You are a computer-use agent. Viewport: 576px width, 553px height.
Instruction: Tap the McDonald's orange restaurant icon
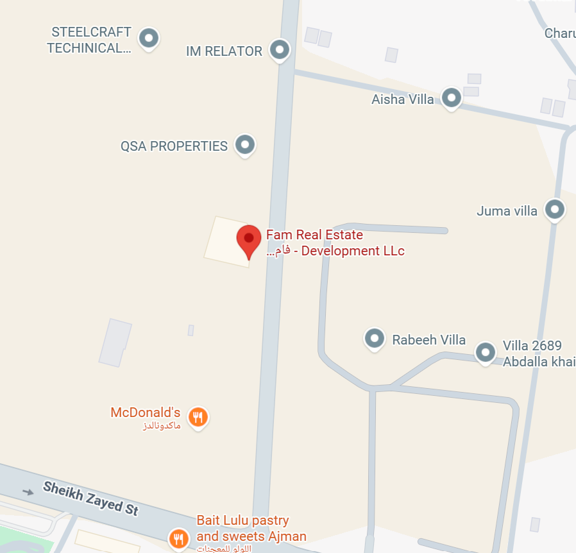pyautogui.click(x=198, y=418)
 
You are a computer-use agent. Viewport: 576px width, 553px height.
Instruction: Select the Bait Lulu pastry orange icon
pyautogui.click(x=178, y=538)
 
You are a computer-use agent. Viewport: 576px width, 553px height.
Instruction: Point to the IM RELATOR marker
pyautogui.click(x=279, y=49)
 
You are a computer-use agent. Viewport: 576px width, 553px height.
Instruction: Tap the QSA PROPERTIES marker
pyautogui.click(x=244, y=144)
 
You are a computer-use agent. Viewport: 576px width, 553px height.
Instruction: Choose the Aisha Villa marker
pyautogui.click(x=452, y=98)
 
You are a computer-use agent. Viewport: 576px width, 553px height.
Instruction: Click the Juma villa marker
pyautogui.click(x=554, y=209)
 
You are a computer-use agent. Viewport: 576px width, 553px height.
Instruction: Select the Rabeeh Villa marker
pyautogui.click(x=374, y=337)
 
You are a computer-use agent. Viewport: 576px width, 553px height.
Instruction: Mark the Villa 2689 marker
pyautogui.click(x=486, y=352)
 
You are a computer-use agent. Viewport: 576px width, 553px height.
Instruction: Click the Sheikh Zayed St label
pyautogui.click(x=90, y=498)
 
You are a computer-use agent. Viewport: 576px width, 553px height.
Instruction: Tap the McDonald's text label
pyautogui.click(x=146, y=413)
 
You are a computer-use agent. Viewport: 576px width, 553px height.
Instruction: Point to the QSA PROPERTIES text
pyautogui.click(x=174, y=146)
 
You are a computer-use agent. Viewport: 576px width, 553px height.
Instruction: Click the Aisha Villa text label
pyautogui.click(x=403, y=99)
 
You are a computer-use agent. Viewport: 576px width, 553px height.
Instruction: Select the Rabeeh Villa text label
pyautogui.click(x=428, y=340)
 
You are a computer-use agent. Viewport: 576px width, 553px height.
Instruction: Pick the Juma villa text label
pyautogui.click(x=507, y=210)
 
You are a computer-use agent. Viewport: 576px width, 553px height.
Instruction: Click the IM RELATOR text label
pyautogui.click(x=224, y=51)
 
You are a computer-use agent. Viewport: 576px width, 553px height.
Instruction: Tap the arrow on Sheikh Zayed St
pyautogui.click(x=28, y=492)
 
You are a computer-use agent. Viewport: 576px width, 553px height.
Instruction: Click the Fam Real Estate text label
pyautogui.click(x=314, y=235)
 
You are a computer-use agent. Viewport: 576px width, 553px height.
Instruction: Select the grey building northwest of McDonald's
pyautogui.click(x=115, y=343)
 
